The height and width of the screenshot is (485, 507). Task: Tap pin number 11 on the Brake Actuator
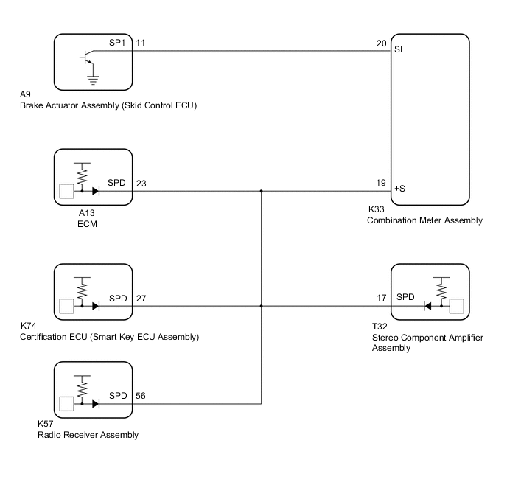[x=141, y=43]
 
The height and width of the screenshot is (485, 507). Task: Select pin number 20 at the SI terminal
[x=381, y=43]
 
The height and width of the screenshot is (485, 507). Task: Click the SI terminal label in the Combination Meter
[x=398, y=50]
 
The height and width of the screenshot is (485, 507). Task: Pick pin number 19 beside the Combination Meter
[x=381, y=182]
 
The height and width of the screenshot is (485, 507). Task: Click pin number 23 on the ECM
[x=141, y=182]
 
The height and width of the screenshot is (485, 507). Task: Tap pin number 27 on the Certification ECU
[x=141, y=298]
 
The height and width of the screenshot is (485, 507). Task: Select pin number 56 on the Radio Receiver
[x=141, y=395]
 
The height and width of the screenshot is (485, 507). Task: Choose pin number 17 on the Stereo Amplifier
[x=381, y=298]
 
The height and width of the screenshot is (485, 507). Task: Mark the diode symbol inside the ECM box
[x=97, y=190]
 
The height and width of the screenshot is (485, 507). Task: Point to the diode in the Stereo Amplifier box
[x=428, y=306]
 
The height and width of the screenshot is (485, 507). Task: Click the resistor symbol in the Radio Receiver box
[x=81, y=385]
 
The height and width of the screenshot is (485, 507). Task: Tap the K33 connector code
[x=377, y=210]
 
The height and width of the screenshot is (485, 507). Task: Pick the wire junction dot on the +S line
[x=262, y=191]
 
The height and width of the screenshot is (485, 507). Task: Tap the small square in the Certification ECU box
[x=66, y=306]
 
